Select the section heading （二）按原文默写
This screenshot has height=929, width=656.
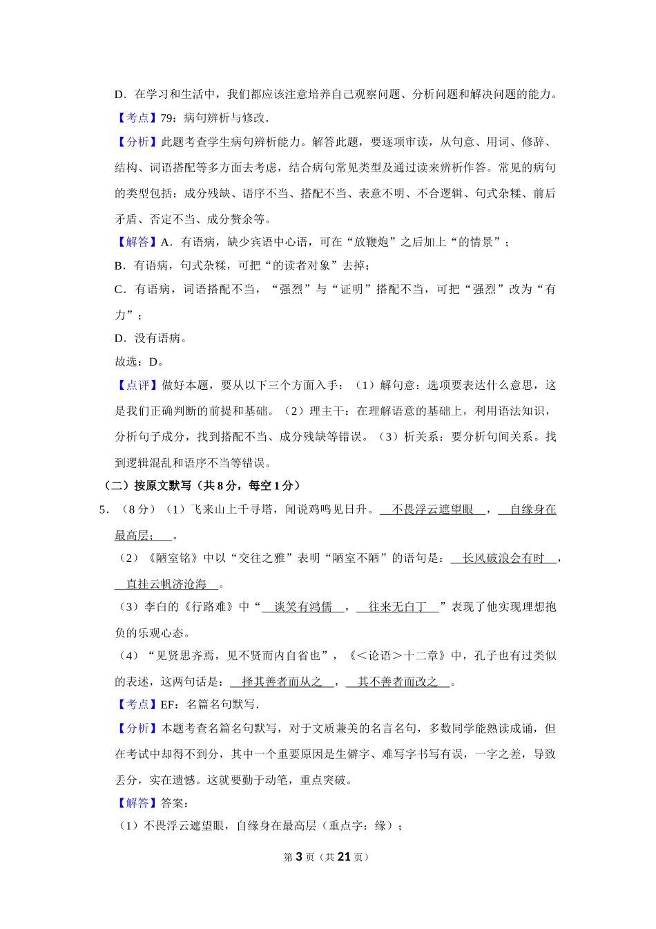(x=144, y=485)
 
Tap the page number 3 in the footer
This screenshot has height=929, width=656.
(x=298, y=856)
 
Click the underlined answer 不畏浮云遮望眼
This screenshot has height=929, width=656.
(x=432, y=509)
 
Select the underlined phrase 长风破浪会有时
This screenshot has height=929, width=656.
(x=503, y=558)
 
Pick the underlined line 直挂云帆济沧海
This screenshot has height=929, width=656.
(x=166, y=584)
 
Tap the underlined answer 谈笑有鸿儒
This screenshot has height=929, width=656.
(x=302, y=607)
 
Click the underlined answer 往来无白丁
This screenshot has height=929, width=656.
(x=397, y=607)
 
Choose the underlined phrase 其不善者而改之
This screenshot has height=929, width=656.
(x=397, y=682)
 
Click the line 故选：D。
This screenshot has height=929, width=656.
(x=139, y=362)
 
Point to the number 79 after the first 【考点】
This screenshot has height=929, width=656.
(x=166, y=118)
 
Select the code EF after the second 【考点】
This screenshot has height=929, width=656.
(x=167, y=704)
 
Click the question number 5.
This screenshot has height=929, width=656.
(x=102, y=509)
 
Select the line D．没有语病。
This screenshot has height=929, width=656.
(x=151, y=338)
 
